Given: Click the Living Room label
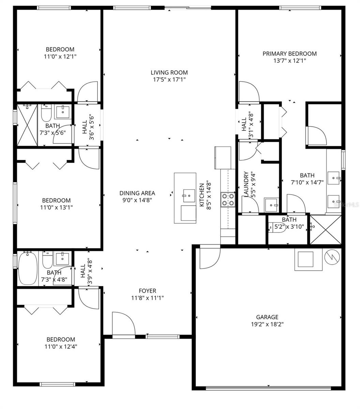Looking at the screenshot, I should tap(169, 72).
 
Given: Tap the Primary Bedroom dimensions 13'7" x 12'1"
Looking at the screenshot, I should tap(289, 61).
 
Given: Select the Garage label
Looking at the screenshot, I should tap(267, 317).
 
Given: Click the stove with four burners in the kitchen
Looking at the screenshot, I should tap(228, 200).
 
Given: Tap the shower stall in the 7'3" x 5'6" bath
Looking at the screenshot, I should tap(27, 125).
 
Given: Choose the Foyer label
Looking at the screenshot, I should tap(147, 291).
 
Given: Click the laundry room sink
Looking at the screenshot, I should tap(272, 205).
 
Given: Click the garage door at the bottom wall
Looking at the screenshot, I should tap(268, 388).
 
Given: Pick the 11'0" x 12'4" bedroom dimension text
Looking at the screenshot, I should tap(61, 347).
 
